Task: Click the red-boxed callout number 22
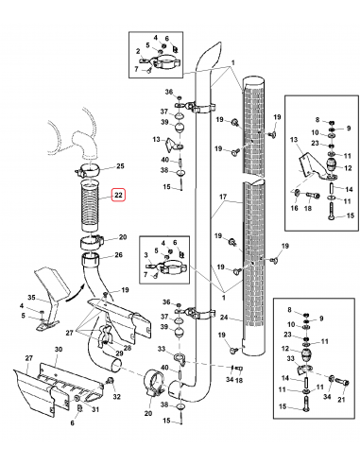point(118,195)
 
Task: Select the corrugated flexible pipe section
point(90,205)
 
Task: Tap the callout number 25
point(120,166)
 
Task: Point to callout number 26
point(119,254)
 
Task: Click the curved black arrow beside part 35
point(76,293)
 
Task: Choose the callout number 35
point(32,298)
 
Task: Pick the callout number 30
point(59,349)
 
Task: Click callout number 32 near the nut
point(117,397)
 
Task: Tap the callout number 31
point(95,409)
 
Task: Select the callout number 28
point(128,348)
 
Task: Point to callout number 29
point(118,353)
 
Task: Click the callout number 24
point(224,317)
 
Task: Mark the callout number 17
point(223,197)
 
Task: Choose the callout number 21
point(341,400)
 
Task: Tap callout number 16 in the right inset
point(294,208)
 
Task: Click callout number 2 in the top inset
point(138,51)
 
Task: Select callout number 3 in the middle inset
point(146,254)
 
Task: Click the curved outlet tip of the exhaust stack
point(214,50)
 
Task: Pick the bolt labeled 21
point(341,383)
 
